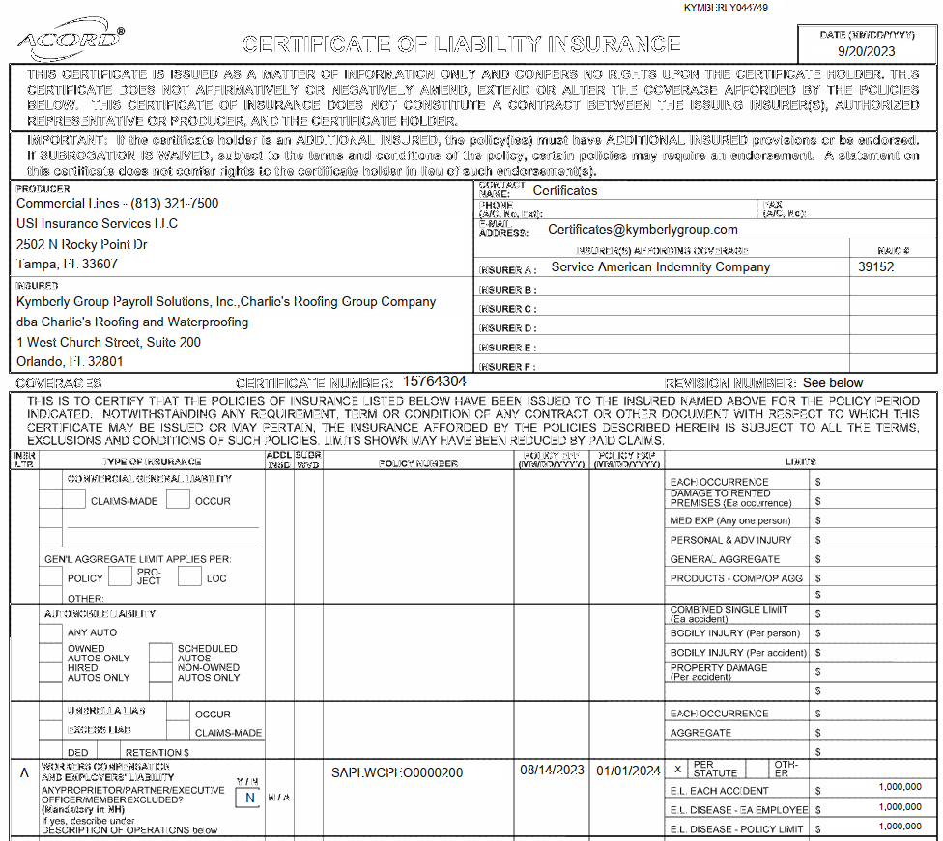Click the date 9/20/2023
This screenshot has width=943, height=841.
[x=866, y=51]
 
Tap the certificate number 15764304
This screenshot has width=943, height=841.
[x=435, y=381]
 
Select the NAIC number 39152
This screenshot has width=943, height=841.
[x=876, y=267]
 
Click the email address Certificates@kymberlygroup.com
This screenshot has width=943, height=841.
[x=643, y=230]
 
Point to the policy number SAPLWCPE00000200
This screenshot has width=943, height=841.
[x=397, y=772]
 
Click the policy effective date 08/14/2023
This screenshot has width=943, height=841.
[x=553, y=771]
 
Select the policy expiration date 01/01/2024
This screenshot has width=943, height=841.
[x=628, y=771]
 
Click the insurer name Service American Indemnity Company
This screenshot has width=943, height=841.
[x=661, y=267]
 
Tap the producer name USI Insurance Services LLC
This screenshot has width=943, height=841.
[x=98, y=224]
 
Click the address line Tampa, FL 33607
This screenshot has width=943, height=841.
[x=68, y=264]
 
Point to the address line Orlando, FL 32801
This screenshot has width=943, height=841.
[x=71, y=362]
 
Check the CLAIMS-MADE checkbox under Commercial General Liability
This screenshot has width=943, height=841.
[x=73, y=499]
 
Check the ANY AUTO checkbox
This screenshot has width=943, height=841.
[x=50, y=632]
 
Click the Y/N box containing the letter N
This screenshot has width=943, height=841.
[x=249, y=798]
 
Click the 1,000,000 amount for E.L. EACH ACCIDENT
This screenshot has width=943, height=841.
[x=900, y=788]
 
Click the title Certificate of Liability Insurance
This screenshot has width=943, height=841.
[x=461, y=44]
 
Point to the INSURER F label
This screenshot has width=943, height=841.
[x=508, y=367]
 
